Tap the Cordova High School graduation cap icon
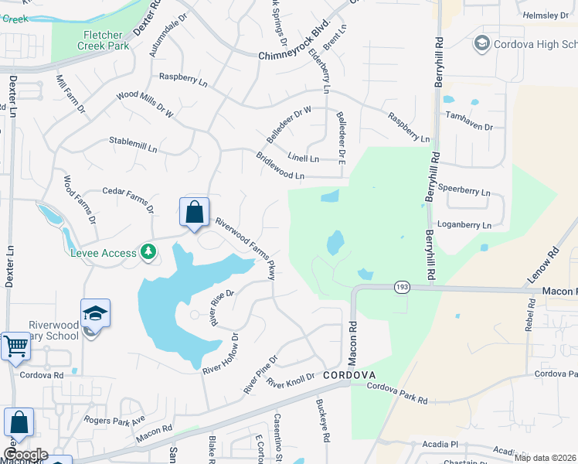pyautogui.click(x=483, y=43)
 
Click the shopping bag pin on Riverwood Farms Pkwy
pyautogui.click(x=195, y=213)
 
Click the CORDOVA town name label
pyautogui.click(x=349, y=375)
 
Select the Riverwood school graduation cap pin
pyautogui.click(x=95, y=313)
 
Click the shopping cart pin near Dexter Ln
pyautogui.click(x=15, y=346)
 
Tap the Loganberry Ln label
pyautogui.click(x=464, y=225)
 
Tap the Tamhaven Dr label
pyautogui.click(x=468, y=121)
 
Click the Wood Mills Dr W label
pyautogui.click(x=145, y=104)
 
